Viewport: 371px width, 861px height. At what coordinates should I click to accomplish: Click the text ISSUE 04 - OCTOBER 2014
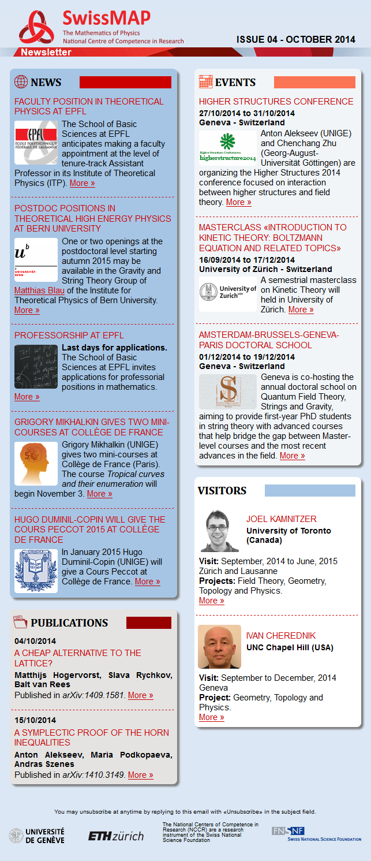(x=295, y=39)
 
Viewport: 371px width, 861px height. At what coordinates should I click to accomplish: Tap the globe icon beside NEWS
(x=21, y=82)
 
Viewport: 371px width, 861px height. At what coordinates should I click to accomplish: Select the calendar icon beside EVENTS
(x=205, y=82)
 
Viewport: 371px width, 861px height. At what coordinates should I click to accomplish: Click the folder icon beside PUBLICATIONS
(x=20, y=622)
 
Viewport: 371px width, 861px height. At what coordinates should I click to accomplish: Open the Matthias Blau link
(x=39, y=290)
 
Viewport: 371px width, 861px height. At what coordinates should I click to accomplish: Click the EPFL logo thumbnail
(x=36, y=143)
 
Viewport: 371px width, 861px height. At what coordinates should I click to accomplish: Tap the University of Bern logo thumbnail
(x=36, y=260)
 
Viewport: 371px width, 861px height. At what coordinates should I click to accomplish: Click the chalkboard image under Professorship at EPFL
(x=36, y=367)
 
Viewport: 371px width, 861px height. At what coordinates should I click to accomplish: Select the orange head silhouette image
(x=36, y=464)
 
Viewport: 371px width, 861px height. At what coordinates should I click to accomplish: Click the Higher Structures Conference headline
(x=276, y=102)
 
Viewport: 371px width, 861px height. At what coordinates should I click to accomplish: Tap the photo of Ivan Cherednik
(x=219, y=647)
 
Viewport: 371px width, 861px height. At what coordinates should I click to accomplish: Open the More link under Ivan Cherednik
(x=211, y=717)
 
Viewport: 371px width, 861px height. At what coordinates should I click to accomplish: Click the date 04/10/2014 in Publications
(x=35, y=641)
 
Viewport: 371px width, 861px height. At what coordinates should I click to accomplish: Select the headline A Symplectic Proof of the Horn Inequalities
(x=92, y=737)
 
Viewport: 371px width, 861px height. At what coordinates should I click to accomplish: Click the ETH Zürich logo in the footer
(x=116, y=836)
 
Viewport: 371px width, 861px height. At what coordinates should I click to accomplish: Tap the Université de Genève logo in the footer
(x=37, y=835)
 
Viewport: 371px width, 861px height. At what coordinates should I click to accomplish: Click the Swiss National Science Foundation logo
(x=316, y=834)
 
